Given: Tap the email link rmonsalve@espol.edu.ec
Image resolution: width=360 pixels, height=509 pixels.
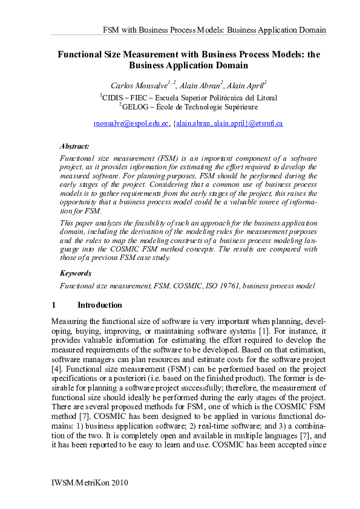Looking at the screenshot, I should click(x=131, y=123).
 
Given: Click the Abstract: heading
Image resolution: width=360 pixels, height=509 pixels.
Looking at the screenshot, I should click(x=74, y=146).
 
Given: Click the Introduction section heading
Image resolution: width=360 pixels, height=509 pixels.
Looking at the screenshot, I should click(x=99, y=305).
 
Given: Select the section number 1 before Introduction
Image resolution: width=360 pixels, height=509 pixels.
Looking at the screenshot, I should click(x=54, y=305).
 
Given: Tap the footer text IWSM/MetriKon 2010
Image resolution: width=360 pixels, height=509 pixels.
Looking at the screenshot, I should click(x=91, y=484).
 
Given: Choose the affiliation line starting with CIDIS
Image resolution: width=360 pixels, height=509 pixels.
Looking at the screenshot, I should click(x=189, y=97).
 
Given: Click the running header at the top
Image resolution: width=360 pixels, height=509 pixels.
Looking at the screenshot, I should click(x=215, y=30).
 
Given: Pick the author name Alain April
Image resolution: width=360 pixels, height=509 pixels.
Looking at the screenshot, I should click(x=246, y=85).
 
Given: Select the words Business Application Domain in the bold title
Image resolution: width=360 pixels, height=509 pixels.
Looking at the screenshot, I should click(x=189, y=65).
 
